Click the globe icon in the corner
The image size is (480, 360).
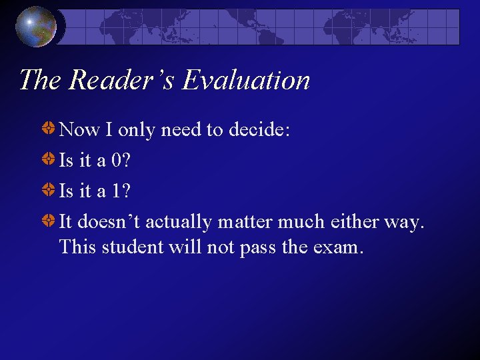tap(36, 26)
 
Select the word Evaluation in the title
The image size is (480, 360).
tap(246, 80)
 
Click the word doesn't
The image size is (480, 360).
tap(109, 221)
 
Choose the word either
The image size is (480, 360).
tap(355, 221)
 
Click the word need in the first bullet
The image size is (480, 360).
tap(183, 129)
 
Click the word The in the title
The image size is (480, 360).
tap(41, 80)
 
